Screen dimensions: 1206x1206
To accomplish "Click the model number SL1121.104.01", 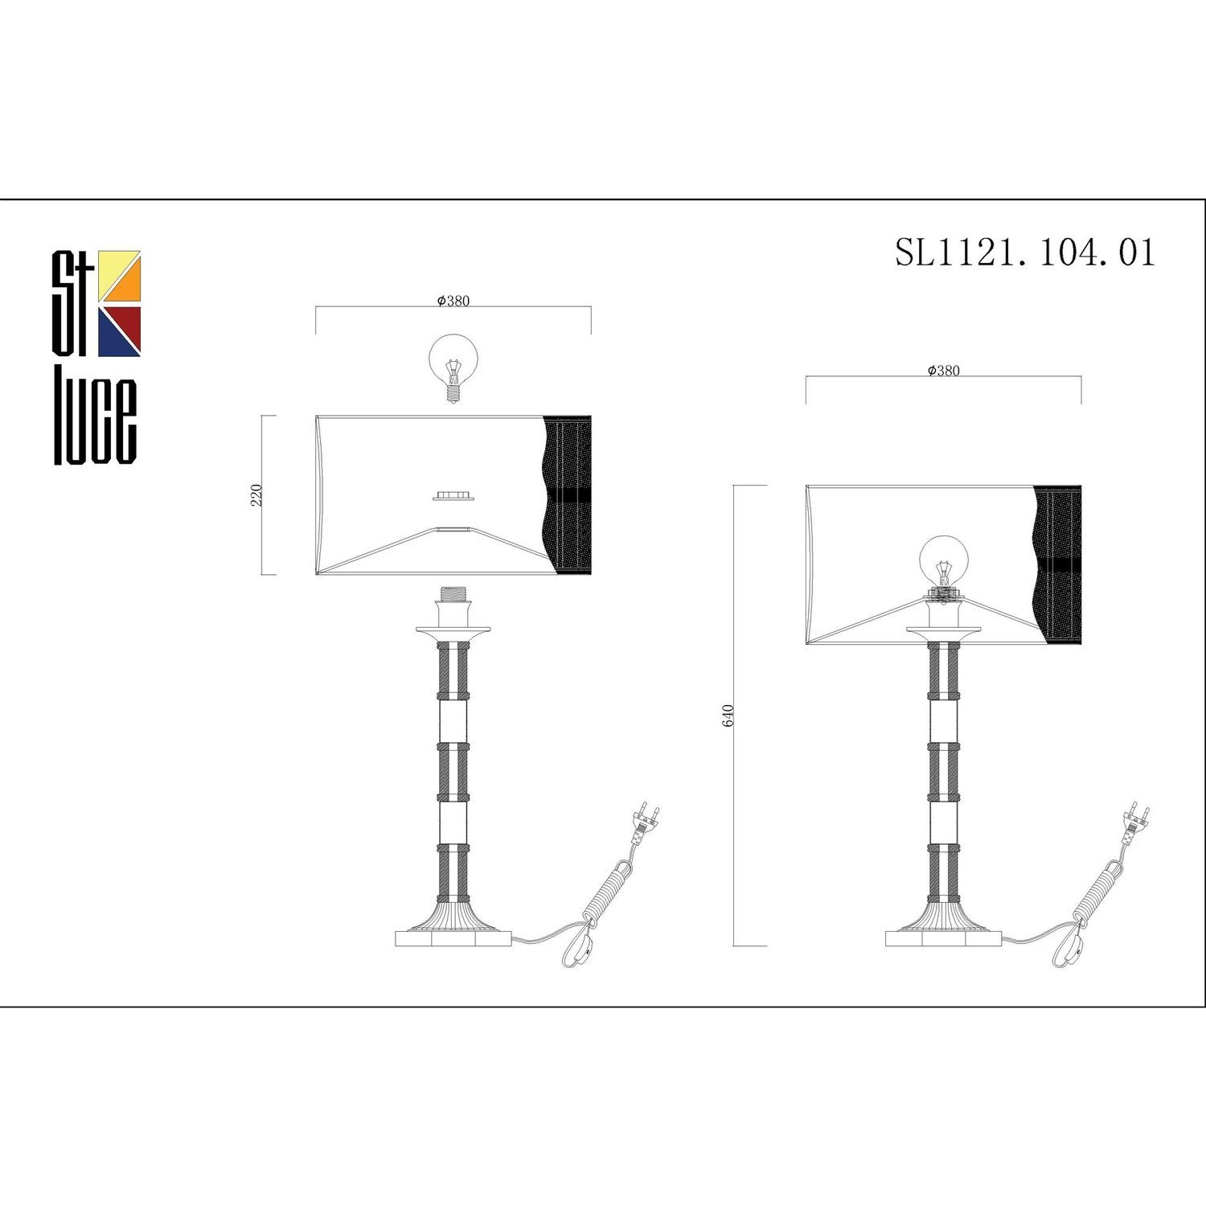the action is [1025, 252].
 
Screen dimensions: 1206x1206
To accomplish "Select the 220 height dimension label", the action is [257, 494].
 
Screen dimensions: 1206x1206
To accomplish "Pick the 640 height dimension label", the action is [728, 715].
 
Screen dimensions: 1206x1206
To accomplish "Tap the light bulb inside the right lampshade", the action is [943, 564].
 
